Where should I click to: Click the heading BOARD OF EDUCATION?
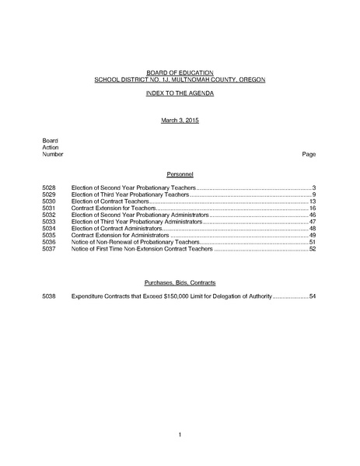179,72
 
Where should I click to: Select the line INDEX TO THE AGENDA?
179,93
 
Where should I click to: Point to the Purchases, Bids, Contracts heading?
179,282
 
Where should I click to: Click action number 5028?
50,188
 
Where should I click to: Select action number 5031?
50,208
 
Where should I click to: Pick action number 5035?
50,235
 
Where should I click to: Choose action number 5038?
50,296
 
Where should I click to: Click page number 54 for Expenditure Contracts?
312,296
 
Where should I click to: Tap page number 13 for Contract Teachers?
312,201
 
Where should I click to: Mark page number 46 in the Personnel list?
312,215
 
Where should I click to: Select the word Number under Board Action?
53,154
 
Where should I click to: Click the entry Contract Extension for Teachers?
113,208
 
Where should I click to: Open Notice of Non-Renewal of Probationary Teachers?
132,242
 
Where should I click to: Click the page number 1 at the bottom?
180,433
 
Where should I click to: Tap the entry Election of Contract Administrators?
117,228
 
